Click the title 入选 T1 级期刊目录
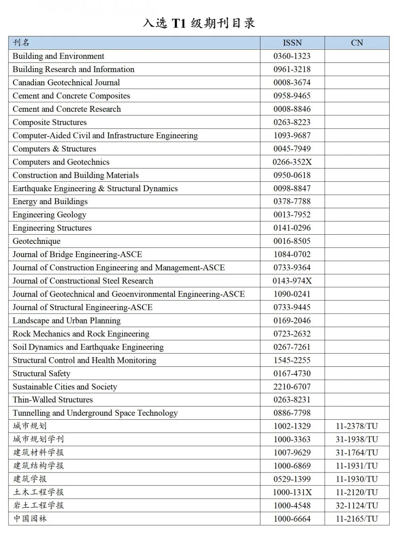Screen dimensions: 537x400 199,23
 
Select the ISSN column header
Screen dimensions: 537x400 292,43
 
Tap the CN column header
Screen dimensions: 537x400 357,43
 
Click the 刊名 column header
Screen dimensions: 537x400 21,43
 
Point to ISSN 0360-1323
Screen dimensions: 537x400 292,56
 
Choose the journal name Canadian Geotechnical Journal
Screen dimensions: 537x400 66,82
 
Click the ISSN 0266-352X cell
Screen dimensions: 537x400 292,162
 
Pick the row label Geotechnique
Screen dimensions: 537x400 36,241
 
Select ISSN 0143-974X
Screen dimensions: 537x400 292,281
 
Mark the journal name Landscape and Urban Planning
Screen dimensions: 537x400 66,320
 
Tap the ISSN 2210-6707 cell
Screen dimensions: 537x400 292,386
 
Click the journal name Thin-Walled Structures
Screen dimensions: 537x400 52,400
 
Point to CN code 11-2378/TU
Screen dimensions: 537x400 357,426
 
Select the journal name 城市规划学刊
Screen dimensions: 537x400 38,439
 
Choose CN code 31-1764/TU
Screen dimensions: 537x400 357,453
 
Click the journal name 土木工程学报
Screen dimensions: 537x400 38,492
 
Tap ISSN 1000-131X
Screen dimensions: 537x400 292,492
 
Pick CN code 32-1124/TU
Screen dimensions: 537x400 357,505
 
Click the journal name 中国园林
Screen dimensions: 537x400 30,519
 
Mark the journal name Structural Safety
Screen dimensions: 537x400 41,373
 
